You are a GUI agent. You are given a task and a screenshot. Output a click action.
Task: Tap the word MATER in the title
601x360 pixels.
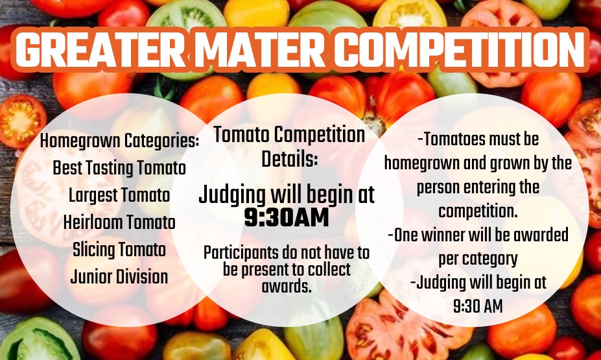(x=260, y=50)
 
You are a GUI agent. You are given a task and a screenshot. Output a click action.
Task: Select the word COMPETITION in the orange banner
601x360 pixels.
(x=460, y=50)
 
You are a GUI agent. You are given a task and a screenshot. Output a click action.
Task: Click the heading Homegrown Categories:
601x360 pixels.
(x=119, y=141)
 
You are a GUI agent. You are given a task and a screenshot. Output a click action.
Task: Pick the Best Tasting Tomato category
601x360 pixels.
(x=119, y=168)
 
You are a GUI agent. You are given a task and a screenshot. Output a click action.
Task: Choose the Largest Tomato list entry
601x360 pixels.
(x=119, y=195)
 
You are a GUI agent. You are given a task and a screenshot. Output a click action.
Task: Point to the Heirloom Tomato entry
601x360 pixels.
(x=119, y=222)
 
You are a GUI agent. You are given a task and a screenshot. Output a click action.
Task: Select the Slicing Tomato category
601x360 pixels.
(x=119, y=250)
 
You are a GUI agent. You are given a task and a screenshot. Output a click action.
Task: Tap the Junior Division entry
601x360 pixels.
(x=119, y=277)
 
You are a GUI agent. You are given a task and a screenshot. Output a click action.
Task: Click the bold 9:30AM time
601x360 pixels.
(x=287, y=217)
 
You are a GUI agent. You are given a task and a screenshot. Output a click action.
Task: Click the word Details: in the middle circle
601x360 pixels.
(x=289, y=159)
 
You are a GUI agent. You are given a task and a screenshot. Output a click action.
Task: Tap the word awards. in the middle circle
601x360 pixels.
(x=287, y=286)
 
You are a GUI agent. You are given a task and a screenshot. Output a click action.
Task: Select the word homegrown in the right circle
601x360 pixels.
(x=421, y=163)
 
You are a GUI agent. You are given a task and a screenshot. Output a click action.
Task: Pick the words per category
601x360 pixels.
(x=478, y=259)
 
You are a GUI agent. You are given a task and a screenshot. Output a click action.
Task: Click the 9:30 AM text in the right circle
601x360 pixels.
(x=478, y=306)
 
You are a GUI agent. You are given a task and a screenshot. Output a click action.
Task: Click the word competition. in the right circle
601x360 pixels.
(x=478, y=211)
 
